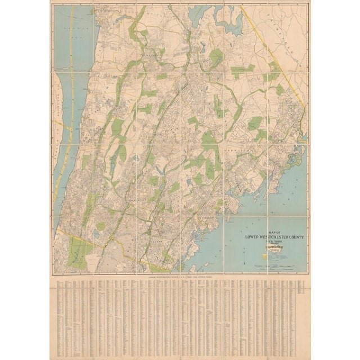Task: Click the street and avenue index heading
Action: (179, 277)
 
